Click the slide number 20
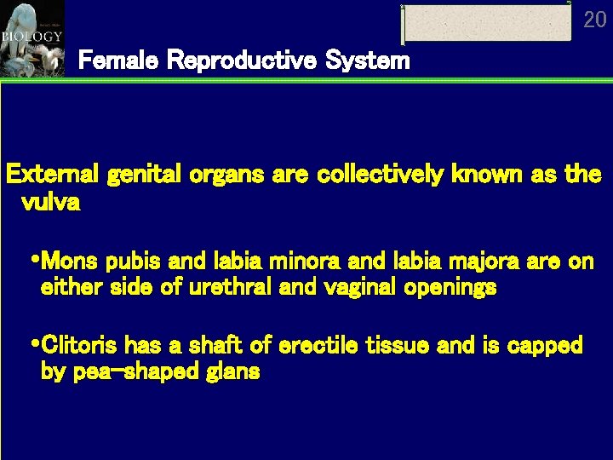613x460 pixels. click(595, 19)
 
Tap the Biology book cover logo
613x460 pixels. click(32, 37)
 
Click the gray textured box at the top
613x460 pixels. click(486, 23)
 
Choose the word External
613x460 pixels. click(53, 175)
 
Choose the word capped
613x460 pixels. click(542, 345)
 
